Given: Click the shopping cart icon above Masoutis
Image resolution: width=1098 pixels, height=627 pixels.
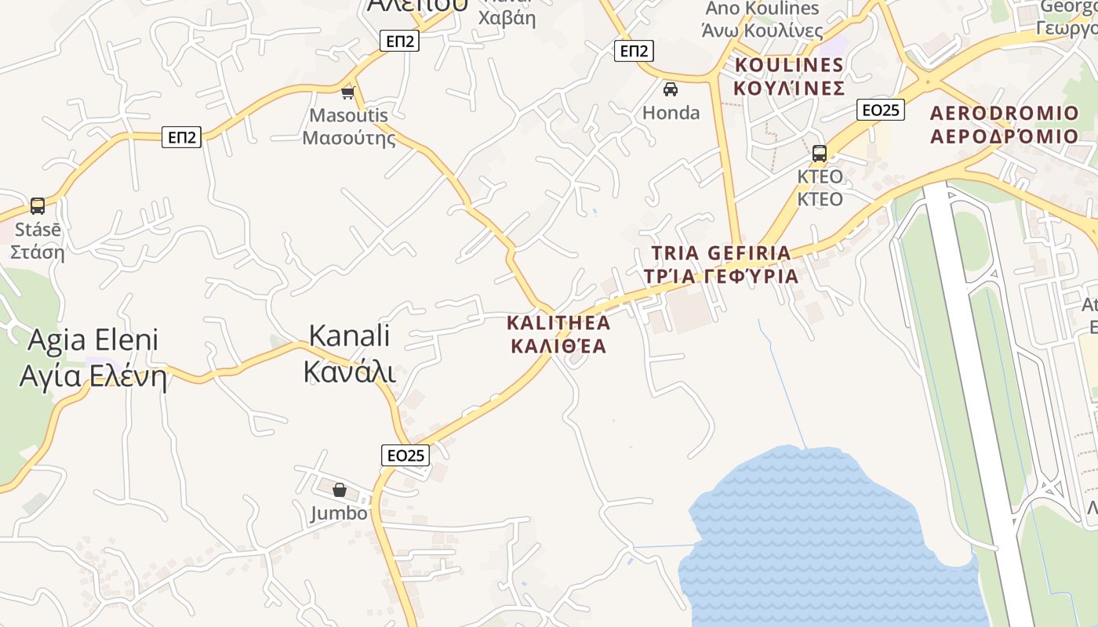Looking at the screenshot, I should pyautogui.click(x=347, y=92).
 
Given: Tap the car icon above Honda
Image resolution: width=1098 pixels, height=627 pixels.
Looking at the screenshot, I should pyautogui.click(x=671, y=89).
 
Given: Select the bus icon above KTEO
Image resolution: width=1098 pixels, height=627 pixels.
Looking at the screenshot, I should pyautogui.click(x=820, y=153).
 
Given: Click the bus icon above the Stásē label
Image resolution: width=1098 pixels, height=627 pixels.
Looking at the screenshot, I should pyautogui.click(x=37, y=206).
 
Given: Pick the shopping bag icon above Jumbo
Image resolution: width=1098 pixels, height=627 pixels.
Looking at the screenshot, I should pyautogui.click(x=340, y=490).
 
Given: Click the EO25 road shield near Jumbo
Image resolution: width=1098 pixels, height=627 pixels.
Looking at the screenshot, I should pyautogui.click(x=405, y=455).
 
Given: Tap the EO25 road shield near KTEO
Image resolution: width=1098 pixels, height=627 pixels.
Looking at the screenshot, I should pyautogui.click(x=881, y=110).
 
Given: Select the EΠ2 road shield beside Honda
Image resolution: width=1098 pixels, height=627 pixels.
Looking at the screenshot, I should pyautogui.click(x=634, y=51).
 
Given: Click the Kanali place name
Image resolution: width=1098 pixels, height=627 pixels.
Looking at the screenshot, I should pyautogui.click(x=350, y=353).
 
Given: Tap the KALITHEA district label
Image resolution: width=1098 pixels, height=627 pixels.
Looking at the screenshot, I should pyautogui.click(x=558, y=334).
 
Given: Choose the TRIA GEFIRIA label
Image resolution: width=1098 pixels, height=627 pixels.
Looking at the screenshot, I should pyautogui.click(x=722, y=264).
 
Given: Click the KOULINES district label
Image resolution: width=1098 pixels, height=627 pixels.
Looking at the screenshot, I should pyautogui.click(x=789, y=76).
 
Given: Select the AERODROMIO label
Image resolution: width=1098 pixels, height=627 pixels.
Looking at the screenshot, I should pyautogui.click(x=1005, y=124).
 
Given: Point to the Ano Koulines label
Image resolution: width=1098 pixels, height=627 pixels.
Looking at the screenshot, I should pyautogui.click(x=763, y=20).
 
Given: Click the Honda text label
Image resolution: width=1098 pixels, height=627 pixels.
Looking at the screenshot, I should pyautogui.click(x=671, y=113).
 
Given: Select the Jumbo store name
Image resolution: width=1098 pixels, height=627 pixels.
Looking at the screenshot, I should pyautogui.click(x=339, y=513).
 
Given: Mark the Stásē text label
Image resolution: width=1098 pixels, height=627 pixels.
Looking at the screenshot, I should pyautogui.click(x=37, y=241).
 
